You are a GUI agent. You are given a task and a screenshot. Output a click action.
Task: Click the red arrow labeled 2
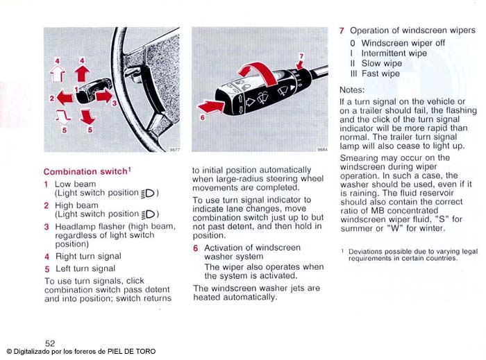point(65,98)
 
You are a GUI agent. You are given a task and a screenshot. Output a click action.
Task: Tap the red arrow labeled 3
point(103,96)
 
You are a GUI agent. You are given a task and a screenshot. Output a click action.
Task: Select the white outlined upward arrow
point(58,73)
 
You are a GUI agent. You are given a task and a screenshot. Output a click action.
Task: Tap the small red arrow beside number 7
point(299,65)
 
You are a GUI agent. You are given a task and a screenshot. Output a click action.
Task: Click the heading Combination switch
point(85,171)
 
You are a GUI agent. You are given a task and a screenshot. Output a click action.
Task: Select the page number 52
point(50,343)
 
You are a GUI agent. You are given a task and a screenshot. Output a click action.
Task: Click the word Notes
point(355,90)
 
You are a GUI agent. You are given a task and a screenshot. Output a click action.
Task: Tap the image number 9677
point(174,149)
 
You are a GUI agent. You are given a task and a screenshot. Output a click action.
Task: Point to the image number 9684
point(322,149)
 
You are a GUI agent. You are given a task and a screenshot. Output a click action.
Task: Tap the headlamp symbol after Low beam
point(150,193)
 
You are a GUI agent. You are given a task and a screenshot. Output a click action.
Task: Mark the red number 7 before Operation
point(342,31)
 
